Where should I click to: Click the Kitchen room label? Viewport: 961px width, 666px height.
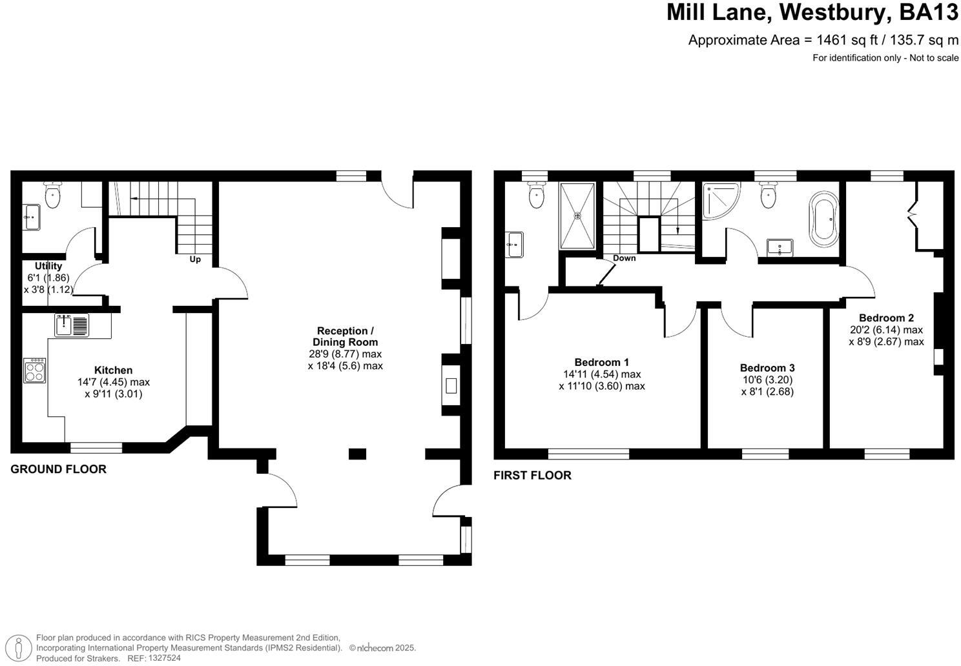point(114,370)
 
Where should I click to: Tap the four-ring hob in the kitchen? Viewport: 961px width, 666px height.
point(34,371)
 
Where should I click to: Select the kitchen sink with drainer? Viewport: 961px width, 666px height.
point(72,325)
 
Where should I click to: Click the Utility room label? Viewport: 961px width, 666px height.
point(48,266)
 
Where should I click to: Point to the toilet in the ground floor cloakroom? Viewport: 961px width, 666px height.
point(52,196)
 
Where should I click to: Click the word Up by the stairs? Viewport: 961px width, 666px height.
point(195,259)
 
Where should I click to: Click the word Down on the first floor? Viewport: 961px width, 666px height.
point(624,258)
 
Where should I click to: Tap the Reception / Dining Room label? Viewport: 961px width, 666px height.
point(345,336)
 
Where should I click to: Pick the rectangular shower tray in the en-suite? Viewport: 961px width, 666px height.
point(577,216)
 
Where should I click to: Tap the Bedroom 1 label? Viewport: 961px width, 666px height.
point(601,362)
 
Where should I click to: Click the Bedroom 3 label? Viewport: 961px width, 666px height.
point(767,368)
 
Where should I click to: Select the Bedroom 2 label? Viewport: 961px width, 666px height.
point(886,318)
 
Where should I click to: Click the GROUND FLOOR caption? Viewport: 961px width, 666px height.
point(58,469)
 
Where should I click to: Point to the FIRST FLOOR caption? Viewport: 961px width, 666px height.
point(532,476)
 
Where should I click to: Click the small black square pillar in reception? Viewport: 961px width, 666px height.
point(357,454)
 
